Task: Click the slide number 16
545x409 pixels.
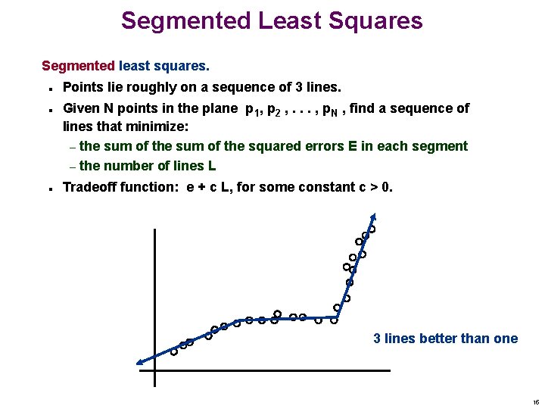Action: pyautogui.click(x=535, y=402)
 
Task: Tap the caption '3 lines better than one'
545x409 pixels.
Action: pyautogui.click(x=446, y=339)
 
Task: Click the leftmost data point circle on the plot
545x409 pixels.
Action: pyautogui.click(x=173, y=351)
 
